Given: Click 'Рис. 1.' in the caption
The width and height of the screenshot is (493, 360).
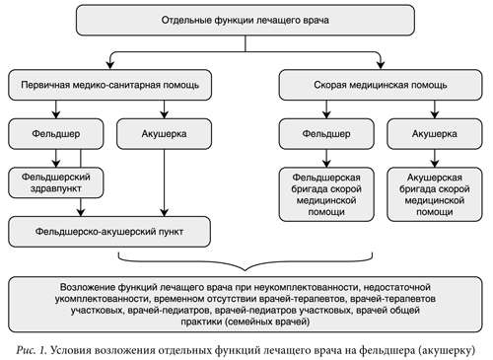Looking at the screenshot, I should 32,348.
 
